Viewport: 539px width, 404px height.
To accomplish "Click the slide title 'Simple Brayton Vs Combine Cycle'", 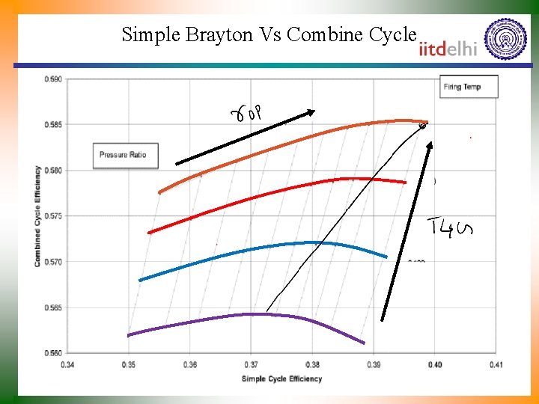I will (268, 34).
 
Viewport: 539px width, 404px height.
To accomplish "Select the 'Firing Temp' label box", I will (469, 87).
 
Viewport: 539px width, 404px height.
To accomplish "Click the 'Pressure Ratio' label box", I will (122, 155).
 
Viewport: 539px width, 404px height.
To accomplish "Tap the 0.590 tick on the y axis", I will (53, 79).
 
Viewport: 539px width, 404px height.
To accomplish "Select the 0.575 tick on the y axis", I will (53, 215).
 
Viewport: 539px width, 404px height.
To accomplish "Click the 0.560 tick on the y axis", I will (53, 352).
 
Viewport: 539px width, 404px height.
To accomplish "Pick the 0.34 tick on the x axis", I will (67, 364).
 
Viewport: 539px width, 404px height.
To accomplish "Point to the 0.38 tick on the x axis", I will (312, 364).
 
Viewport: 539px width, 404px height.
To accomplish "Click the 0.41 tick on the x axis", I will (496, 364).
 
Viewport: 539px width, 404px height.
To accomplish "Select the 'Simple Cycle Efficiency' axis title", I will (281, 379).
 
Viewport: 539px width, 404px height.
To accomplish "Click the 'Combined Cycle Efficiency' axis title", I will (37, 215).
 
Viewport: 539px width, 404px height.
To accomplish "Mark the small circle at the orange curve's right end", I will (422, 126).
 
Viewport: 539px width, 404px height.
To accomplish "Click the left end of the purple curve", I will (129, 335).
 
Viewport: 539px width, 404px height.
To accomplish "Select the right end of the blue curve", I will (386, 257).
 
